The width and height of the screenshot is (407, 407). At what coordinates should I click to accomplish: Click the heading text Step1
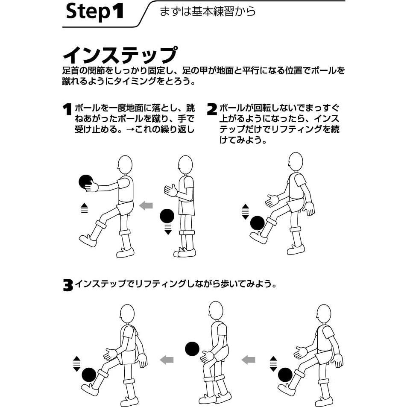pos(95,12)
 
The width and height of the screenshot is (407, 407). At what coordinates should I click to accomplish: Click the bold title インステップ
pos(120,55)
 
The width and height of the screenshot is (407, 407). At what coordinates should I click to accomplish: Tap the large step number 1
pos(67,109)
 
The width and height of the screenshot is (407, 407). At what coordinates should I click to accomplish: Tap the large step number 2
pos(212,109)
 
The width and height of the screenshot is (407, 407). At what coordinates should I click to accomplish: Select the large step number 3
pos(68,285)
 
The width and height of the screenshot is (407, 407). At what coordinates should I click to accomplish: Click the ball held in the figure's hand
pos(86,182)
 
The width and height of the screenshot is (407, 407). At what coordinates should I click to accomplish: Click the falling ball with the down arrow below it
pos(167,216)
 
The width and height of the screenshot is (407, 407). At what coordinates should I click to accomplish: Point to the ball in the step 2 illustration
pos(257,223)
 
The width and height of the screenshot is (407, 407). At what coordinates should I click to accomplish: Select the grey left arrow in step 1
pos(146,205)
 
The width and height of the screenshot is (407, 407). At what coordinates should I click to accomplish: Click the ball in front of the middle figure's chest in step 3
pos(192,348)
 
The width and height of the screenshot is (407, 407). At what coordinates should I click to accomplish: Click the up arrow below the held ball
pos(85,208)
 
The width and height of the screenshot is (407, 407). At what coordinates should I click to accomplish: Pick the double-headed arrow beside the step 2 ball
pos(245,212)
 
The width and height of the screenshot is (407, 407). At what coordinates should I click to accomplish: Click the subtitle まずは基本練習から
pos(208,12)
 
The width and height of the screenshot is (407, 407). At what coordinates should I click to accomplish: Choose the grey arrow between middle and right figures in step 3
pos(249,360)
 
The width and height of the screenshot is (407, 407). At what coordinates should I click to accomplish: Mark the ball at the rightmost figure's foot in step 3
pos(285,375)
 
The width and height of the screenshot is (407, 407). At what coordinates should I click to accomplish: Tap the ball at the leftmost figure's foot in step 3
pos(89,375)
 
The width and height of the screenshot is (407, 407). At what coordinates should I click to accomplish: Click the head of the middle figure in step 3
pos(216,311)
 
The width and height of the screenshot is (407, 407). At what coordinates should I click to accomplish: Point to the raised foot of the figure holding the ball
pos(88,240)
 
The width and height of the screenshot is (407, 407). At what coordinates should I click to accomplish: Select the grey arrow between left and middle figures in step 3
pos(167,360)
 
